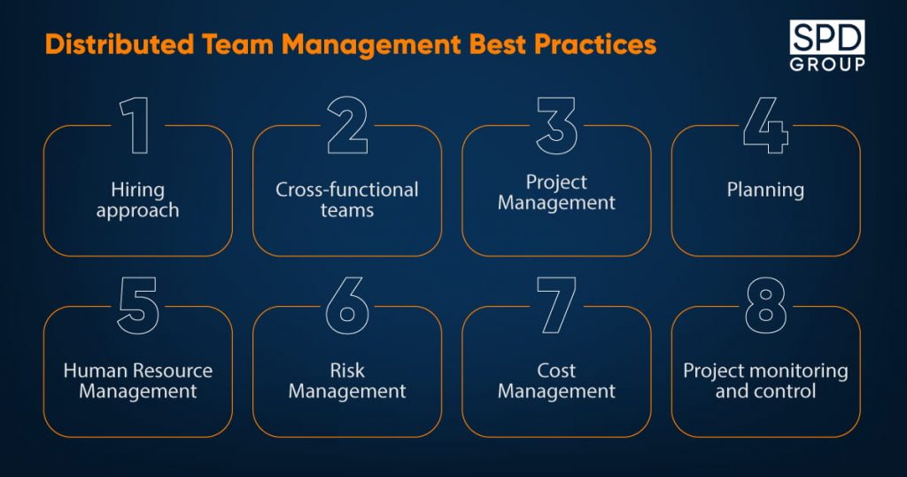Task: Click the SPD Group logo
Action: pos(827,46)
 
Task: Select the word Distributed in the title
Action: pos(120,44)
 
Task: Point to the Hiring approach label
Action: pos(137,200)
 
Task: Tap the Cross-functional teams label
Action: pos(347,199)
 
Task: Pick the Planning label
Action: pos(765,191)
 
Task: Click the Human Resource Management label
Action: pos(137,381)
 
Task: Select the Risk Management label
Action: pos(347,381)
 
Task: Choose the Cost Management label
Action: pos(556,381)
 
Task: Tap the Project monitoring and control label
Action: pos(765,381)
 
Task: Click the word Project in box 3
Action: pos(556,183)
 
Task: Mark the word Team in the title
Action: pos(237,44)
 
